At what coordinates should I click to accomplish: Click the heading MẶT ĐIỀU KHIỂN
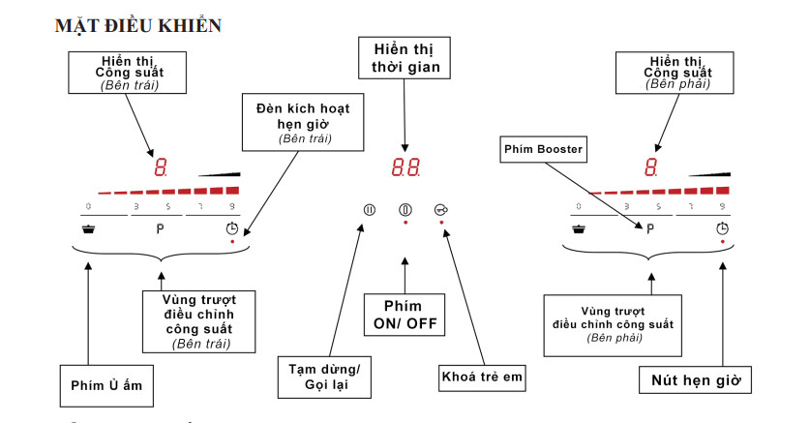point(138,26)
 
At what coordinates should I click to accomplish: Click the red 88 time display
point(405,166)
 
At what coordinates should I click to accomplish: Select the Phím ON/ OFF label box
point(405,316)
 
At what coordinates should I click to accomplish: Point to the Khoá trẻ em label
point(482,378)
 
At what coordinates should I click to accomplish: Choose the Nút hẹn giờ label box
point(695,380)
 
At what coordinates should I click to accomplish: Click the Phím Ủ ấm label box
point(106,384)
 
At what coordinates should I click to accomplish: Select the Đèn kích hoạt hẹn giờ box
point(304,121)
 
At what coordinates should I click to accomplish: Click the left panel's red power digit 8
point(161,167)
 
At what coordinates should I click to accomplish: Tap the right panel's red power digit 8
point(651,167)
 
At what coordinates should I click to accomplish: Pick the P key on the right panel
point(651,229)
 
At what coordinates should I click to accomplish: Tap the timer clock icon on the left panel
point(232,229)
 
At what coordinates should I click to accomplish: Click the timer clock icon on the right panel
point(722,229)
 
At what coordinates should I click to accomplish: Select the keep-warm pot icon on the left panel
point(89,229)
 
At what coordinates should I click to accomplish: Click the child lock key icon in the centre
point(441,210)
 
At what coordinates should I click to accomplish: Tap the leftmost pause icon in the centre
point(369,210)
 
